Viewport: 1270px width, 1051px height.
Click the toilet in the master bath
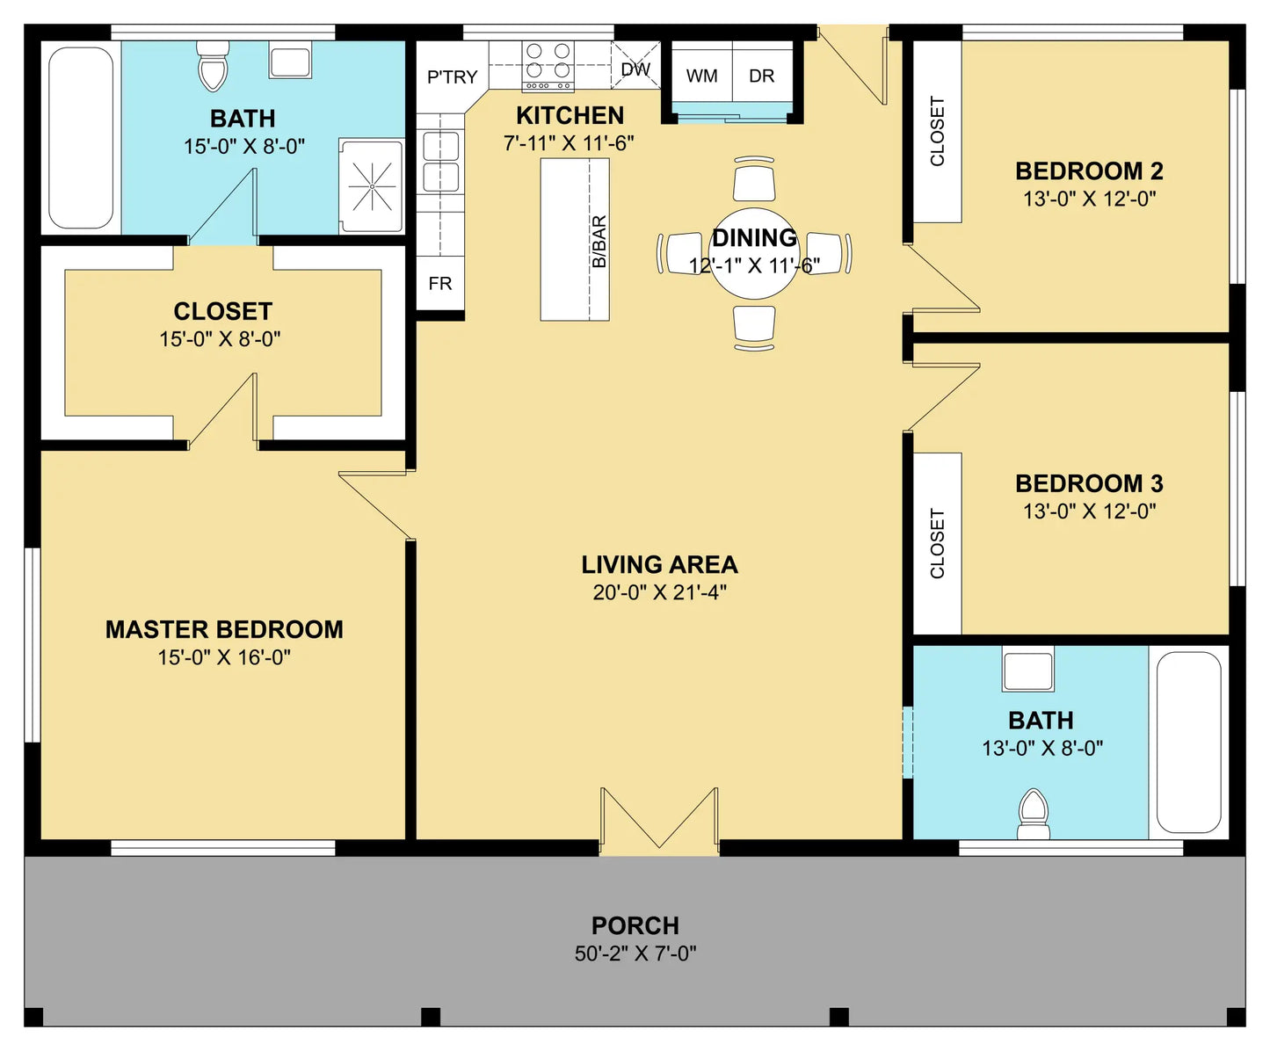(213, 66)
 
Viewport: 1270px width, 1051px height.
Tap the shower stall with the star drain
(371, 186)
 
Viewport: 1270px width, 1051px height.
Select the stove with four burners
(548, 66)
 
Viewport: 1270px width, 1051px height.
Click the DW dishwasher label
(635, 69)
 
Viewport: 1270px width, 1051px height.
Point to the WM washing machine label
(702, 76)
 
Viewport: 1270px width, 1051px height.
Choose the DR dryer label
(761, 76)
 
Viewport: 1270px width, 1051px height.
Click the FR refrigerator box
(440, 283)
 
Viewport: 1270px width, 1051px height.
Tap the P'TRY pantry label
(453, 77)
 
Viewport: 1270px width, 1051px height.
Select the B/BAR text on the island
(599, 242)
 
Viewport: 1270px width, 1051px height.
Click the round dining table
(754, 254)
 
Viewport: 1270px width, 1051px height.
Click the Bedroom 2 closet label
(937, 131)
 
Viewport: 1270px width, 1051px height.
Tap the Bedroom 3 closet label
(937, 544)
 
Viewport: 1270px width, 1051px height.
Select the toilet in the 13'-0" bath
(1034, 815)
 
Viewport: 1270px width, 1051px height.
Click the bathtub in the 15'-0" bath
(81, 138)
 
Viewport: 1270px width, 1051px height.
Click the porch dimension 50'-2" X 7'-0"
(635, 953)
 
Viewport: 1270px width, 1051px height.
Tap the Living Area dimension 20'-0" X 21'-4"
(660, 592)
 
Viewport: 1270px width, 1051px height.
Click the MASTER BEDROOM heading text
(224, 629)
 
